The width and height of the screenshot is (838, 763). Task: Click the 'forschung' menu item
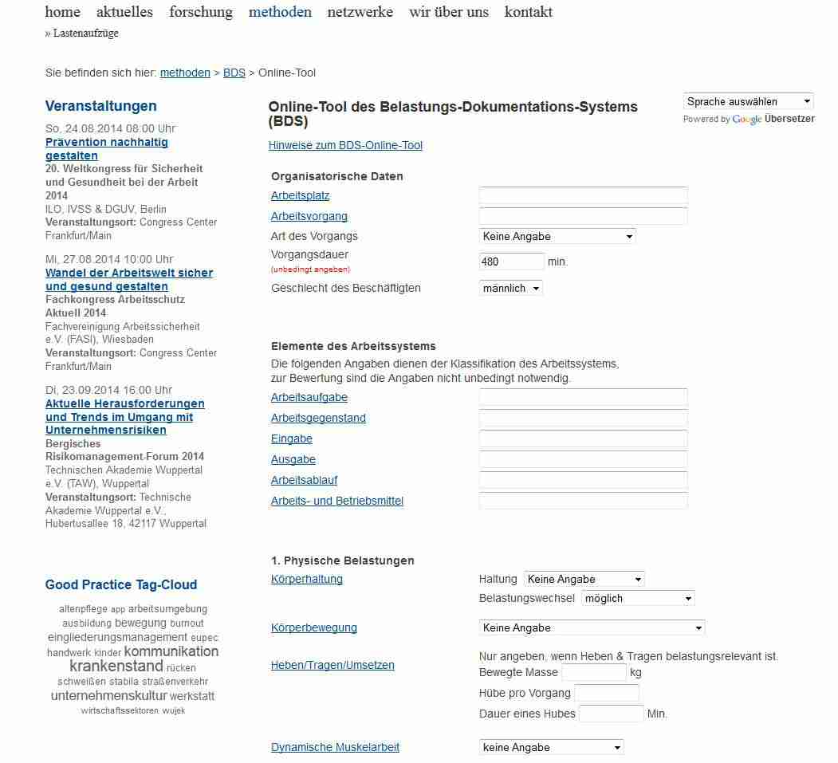point(201,12)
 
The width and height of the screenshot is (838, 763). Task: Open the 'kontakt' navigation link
point(528,12)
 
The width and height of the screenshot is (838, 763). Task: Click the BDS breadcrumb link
point(234,73)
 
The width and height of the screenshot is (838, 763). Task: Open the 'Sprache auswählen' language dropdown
point(748,101)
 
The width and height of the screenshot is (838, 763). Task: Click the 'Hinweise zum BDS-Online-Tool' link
point(345,145)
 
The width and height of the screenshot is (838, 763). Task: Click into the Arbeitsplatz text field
point(583,195)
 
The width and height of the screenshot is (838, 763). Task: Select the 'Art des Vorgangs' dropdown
point(557,236)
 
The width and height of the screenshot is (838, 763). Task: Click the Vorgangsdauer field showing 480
point(511,262)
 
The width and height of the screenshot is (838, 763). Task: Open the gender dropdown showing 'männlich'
point(511,288)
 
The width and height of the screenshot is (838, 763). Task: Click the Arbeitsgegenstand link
point(318,418)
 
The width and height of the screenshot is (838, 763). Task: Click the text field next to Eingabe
point(583,439)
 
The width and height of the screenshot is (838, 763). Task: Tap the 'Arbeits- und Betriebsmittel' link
point(337,501)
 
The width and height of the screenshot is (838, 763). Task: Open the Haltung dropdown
point(584,579)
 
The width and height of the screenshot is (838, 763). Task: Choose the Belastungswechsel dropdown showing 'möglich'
point(638,598)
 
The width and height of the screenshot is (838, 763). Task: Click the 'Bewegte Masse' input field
point(593,672)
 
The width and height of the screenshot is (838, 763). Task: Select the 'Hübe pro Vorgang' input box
point(606,693)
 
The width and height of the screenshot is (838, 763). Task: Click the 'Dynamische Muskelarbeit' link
point(335,747)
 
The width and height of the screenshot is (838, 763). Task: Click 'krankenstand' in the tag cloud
point(116,667)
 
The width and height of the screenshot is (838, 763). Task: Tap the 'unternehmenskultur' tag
point(109,695)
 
